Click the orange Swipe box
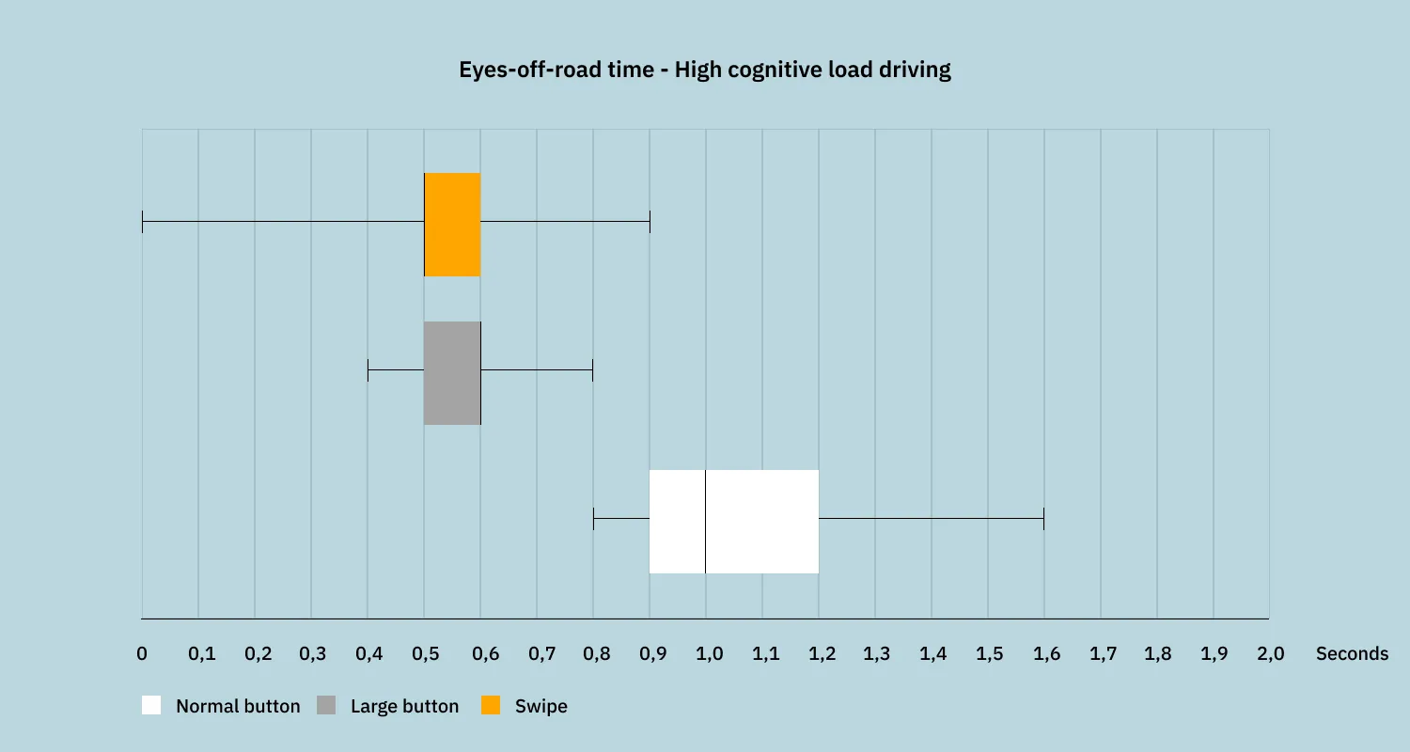click(x=452, y=225)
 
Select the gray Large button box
click(x=452, y=373)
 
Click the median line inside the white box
click(x=706, y=521)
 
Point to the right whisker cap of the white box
click(x=1043, y=518)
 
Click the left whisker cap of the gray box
click(x=368, y=370)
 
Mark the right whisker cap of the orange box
click(x=650, y=223)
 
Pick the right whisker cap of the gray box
click(x=592, y=370)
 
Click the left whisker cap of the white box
click(x=594, y=518)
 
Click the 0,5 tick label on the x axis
click(x=425, y=654)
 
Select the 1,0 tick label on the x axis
click(x=708, y=654)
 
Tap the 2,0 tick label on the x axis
click(x=1270, y=654)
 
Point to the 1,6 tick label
click(x=1045, y=654)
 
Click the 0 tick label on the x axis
click(x=142, y=654)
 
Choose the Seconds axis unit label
click(x=1352, y=654)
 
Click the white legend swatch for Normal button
click(x=151, y=705)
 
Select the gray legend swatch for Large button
click(x=326, y=705)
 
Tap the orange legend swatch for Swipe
click(x=491, y=705)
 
